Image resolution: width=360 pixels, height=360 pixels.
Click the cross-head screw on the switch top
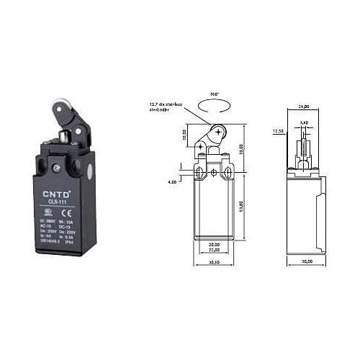[55, 168]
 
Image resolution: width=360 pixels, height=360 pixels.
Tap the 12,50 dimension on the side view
[278, 132]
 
